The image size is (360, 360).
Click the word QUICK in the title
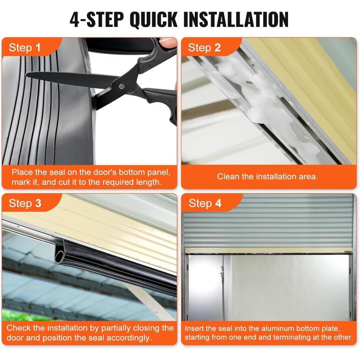[153, 20]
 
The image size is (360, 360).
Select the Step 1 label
[25, 48]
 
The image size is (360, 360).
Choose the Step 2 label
[204, 48]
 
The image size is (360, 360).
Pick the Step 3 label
[25, 203]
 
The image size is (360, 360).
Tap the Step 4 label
[205, 203]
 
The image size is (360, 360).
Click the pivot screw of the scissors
[121, 86]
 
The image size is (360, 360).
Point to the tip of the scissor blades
[27, 75]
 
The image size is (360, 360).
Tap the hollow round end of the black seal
[60, 255]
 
